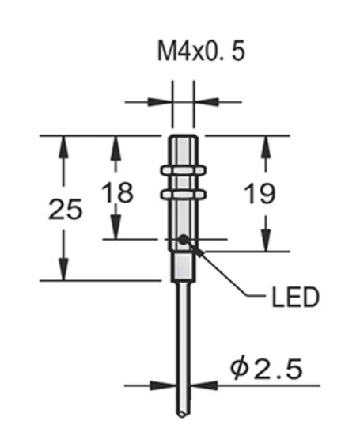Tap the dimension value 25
65,210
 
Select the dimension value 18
116,192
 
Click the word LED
294,298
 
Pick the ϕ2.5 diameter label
266,368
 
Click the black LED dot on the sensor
184,238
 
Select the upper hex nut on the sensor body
183,169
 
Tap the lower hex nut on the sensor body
183,193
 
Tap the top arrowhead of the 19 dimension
267,143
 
